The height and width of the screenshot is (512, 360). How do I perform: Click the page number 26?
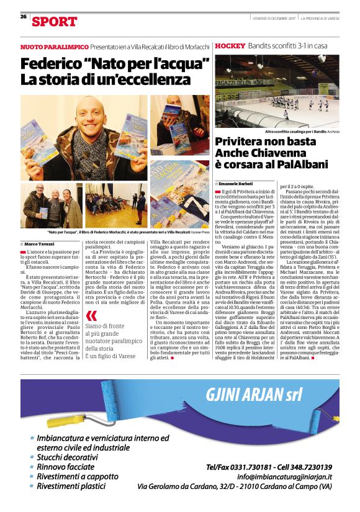coord(23,17)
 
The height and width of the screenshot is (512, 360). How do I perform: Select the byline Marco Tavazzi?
coord(40,245)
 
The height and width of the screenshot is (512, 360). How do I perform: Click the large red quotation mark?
coord(91,315)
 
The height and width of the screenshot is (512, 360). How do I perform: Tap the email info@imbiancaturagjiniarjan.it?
coord(289,476)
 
